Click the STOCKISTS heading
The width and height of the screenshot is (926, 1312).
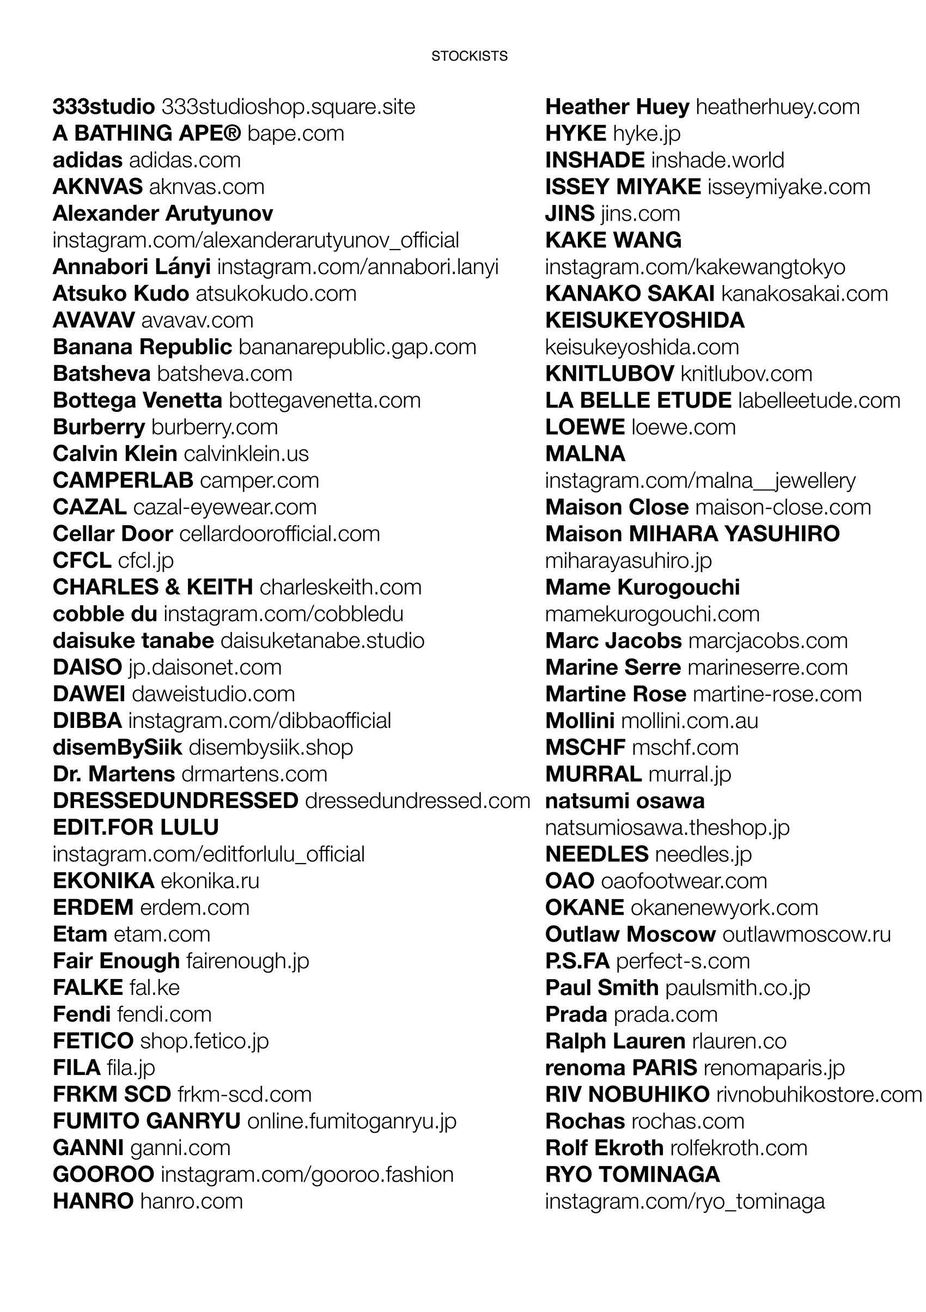(469, 56)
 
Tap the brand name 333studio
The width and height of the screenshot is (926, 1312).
(103, 107)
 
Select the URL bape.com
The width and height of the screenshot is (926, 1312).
(296, 133)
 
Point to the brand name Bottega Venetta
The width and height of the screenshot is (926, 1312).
(137, 400)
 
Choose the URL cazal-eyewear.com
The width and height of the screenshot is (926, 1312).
(224, 507)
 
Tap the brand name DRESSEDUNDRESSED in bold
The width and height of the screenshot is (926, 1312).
(175, 801)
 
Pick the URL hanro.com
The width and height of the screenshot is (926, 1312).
(191, 1201)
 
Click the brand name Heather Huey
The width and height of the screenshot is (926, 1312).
(617, 107)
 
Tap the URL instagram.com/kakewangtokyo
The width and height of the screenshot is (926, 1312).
(694, 267)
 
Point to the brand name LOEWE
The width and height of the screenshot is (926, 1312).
(584, 427)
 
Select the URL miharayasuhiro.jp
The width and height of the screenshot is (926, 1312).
(628, 561)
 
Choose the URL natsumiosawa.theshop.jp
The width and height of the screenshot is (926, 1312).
(667, 828)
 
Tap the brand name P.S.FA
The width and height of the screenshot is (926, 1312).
(577, 961)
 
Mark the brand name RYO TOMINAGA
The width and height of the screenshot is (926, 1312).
(632, 1175)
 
